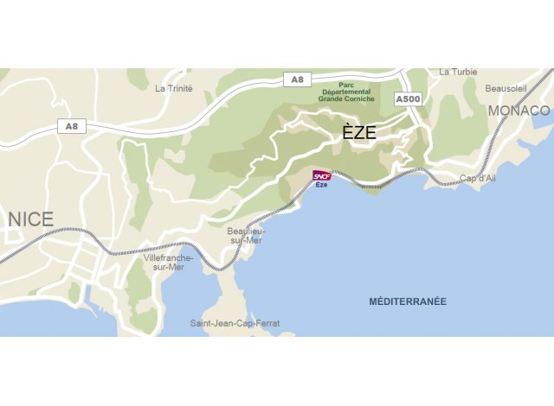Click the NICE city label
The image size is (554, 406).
tap(30, 219)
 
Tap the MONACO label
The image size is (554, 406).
tap(519, 111)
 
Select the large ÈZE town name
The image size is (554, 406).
tap(359, 133)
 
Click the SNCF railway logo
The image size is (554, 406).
tap(322, 175)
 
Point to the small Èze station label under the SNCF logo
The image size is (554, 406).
tap(322, 185)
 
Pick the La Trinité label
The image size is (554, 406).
tap(173, 88)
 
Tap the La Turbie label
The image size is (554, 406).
tap(458, 72)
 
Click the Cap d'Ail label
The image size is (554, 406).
tap(478, 178)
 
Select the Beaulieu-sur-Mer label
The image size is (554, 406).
tap(246, 236)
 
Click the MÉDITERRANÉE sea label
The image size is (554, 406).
tap(407, 301)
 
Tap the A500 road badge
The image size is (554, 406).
tap(408, 100)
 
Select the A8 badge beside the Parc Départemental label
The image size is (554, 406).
tap(297, 79)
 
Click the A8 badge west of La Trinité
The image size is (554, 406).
tap(71, 126)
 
